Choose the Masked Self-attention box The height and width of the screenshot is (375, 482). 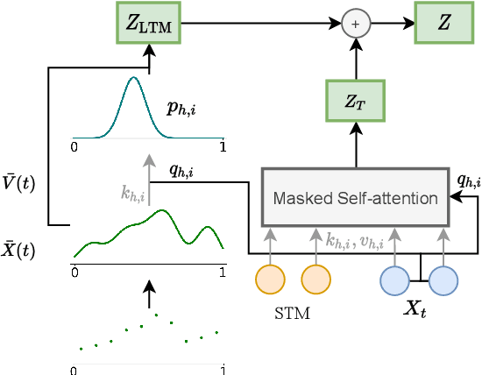355,198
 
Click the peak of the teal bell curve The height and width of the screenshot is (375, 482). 133,79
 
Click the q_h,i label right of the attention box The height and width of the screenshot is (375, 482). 469,180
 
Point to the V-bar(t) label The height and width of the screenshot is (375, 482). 20,184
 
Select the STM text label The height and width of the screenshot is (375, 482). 293,311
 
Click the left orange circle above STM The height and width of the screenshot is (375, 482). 270,279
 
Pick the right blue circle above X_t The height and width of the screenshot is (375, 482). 443,279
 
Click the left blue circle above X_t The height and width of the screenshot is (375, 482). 394,279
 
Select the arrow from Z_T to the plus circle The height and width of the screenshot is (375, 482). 355,60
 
